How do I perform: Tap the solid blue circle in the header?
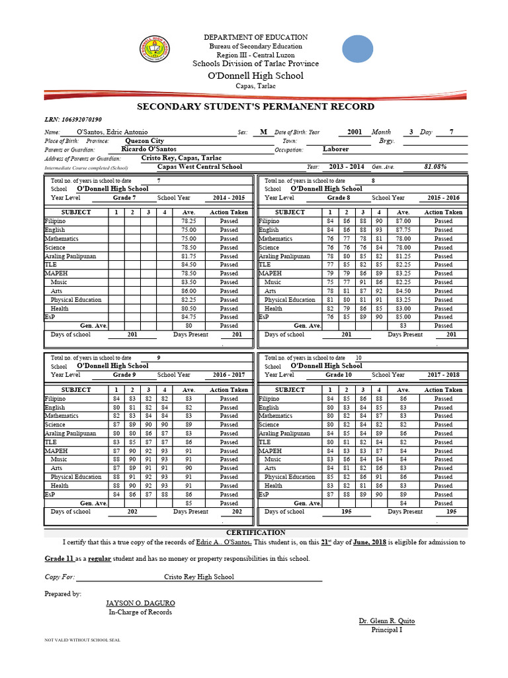360,50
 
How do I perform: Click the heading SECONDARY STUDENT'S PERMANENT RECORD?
255,107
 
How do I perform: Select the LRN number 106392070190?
83,120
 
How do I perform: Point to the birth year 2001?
355,132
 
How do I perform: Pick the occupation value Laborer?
336,150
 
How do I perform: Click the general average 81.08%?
435,168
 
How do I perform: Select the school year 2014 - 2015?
229,198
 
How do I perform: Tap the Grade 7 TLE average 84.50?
189,265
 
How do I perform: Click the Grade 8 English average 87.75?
403,230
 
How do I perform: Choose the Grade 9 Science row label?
55,425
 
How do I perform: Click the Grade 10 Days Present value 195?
450,512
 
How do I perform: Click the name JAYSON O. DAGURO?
140,604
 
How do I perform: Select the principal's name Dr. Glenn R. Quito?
387,621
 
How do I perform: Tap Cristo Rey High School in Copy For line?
198,577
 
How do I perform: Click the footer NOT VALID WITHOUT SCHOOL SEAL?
82,641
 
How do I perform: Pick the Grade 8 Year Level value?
338,198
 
